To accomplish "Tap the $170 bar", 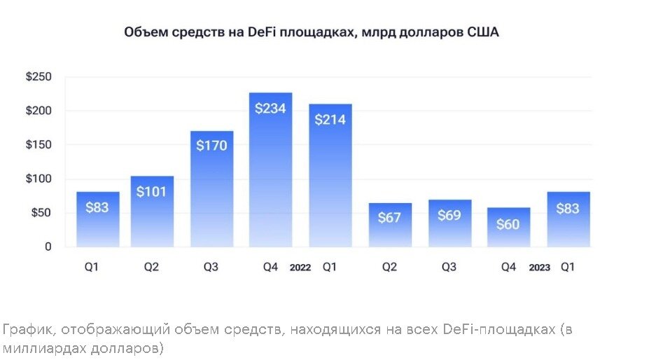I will (211, 189).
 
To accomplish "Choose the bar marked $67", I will (389, 225).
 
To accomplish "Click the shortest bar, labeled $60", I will (508, 227).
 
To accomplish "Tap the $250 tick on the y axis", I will (39, 77).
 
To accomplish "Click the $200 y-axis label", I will (39, 111).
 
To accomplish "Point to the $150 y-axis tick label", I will (39, 145).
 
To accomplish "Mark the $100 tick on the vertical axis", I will (39, 179).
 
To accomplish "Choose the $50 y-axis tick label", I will (41, 213).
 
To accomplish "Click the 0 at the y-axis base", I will (48, 247).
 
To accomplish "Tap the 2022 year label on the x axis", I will (300, 268).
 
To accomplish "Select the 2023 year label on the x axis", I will (539, 268).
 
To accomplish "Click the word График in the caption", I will (25, 329).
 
